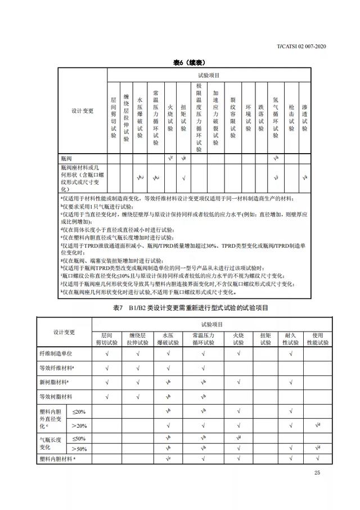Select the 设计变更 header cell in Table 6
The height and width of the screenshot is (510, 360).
(x=82, y=111)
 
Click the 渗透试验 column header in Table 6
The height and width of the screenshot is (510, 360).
(x=304, y=112)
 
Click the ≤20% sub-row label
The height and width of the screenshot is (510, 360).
(x=79, y=411)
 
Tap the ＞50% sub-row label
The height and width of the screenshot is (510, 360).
(x=79, y=449)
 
